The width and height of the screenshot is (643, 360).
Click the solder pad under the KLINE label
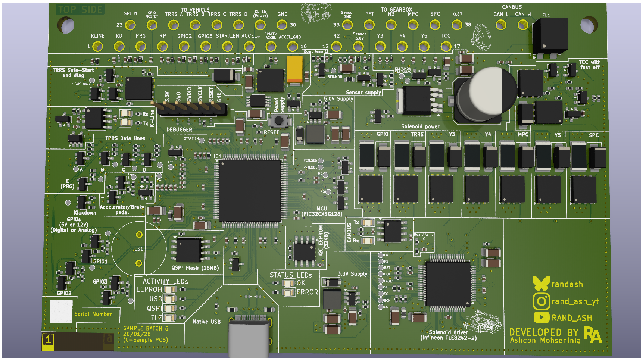97,47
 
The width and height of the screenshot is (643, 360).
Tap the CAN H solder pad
522,25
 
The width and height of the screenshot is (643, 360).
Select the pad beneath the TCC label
446,47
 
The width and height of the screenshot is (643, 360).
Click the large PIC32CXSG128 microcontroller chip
250,191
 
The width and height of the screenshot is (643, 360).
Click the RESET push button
279,120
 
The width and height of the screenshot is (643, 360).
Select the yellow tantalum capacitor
295,69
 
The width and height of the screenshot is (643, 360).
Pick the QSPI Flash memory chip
188,250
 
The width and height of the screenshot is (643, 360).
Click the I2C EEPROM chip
305,251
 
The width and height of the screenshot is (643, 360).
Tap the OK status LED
288,283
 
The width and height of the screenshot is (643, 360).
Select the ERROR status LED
288,292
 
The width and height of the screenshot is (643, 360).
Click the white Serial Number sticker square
61,311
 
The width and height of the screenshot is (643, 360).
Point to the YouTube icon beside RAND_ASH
541,317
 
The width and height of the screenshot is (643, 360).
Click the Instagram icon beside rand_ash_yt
541,301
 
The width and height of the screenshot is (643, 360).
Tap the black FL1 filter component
547,37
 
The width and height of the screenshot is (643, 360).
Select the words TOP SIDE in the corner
81,9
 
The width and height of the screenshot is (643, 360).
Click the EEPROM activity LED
170,289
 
